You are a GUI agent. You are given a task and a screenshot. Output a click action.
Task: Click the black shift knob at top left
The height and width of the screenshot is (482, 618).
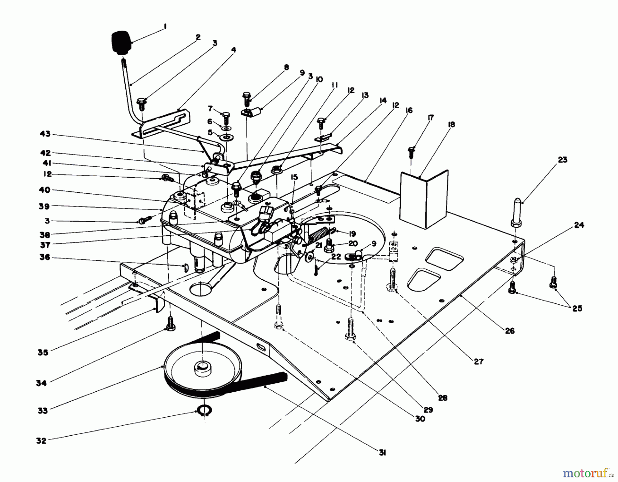tap(121, 43)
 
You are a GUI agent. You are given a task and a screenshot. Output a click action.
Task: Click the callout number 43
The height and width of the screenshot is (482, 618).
tap(45, 134)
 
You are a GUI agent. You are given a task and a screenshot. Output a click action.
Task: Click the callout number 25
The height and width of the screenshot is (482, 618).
tap(577, 309)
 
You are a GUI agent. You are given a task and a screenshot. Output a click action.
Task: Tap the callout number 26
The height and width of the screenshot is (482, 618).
tap(510, 331)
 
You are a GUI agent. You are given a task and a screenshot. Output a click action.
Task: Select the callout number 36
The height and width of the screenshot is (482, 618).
tap(45, 257)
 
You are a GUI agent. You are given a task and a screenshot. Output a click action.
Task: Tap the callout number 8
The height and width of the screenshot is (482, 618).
tap(286, 67)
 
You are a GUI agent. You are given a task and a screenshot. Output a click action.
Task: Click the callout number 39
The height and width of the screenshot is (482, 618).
tap(45, 206)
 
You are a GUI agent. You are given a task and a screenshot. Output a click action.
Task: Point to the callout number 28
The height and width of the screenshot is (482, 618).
tap(443, 398)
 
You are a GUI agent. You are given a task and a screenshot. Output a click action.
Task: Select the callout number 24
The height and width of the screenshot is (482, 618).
tap(579, 225)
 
